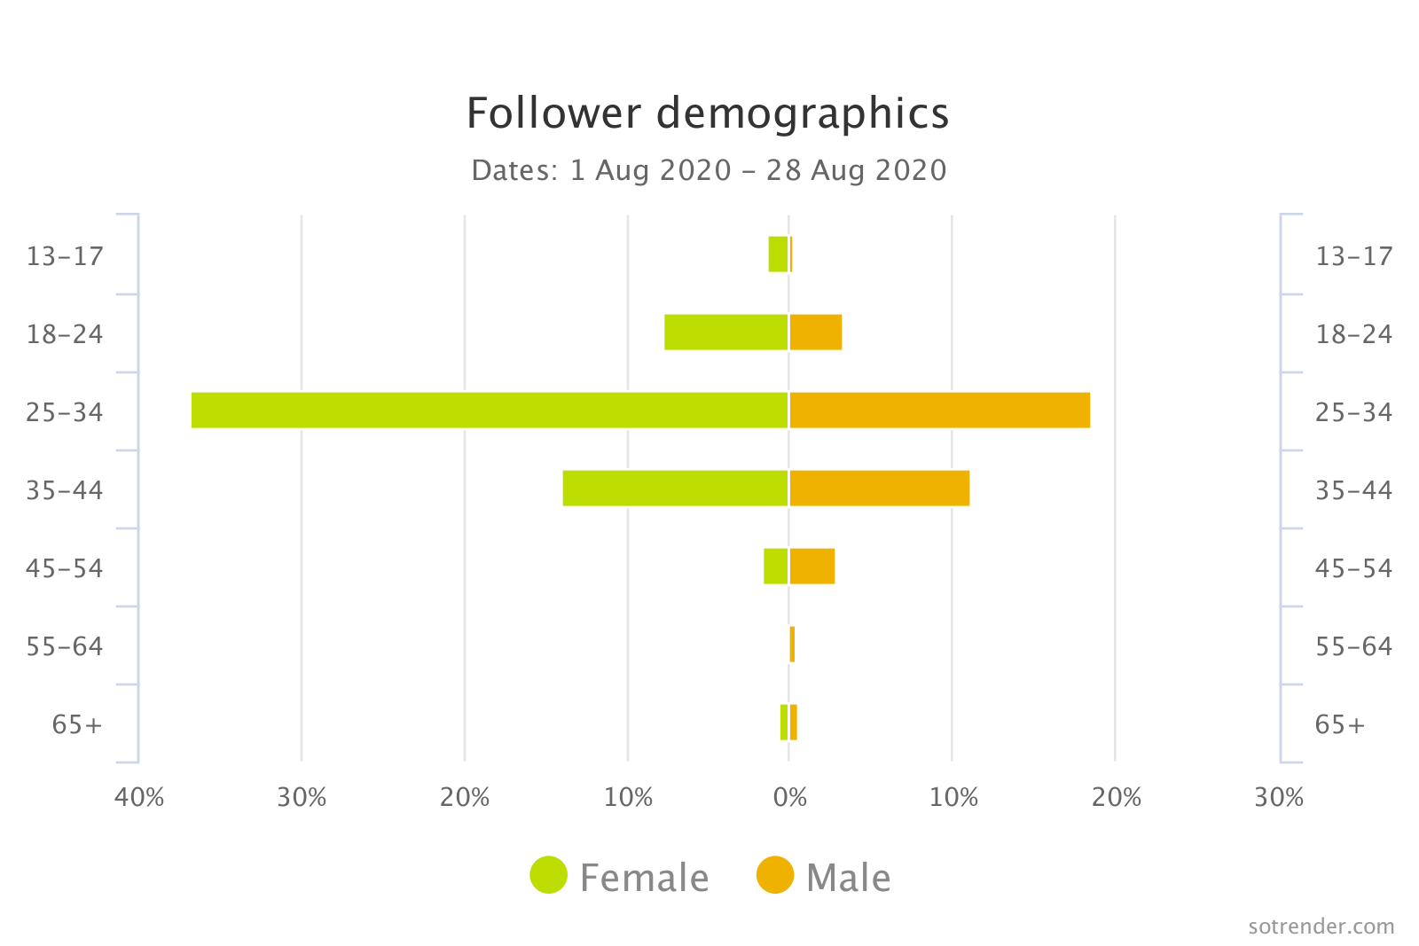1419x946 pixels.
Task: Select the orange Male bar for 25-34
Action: coord(939,410)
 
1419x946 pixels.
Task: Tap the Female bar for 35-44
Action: coord(675,488)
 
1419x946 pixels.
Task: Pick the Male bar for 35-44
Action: coord(879,488)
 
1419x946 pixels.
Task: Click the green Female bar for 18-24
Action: coord(725,332)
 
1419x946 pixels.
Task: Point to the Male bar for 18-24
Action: coord(815,332)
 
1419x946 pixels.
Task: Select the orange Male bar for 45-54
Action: coord(811,566)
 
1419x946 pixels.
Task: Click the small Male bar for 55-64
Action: coord(792,644)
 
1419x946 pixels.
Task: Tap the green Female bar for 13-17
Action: coord(778,254)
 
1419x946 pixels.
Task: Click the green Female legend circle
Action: coord(548,875)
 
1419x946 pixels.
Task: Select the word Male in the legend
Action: coord(848,878)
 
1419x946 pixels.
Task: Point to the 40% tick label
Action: coord(139,797)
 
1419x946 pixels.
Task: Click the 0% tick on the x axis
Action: coord(790,797)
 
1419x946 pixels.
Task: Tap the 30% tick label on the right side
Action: coord(1278,797)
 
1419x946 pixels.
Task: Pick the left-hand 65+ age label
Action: coord(77,724)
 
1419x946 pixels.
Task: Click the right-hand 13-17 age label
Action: coord(1353,256)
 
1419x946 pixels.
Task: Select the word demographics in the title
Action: coord(802,113)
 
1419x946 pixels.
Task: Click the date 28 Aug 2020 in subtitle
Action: coord(856,170)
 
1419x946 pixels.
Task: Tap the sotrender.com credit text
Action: coord(1321,926)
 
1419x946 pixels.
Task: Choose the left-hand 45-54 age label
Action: coord(65,568)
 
